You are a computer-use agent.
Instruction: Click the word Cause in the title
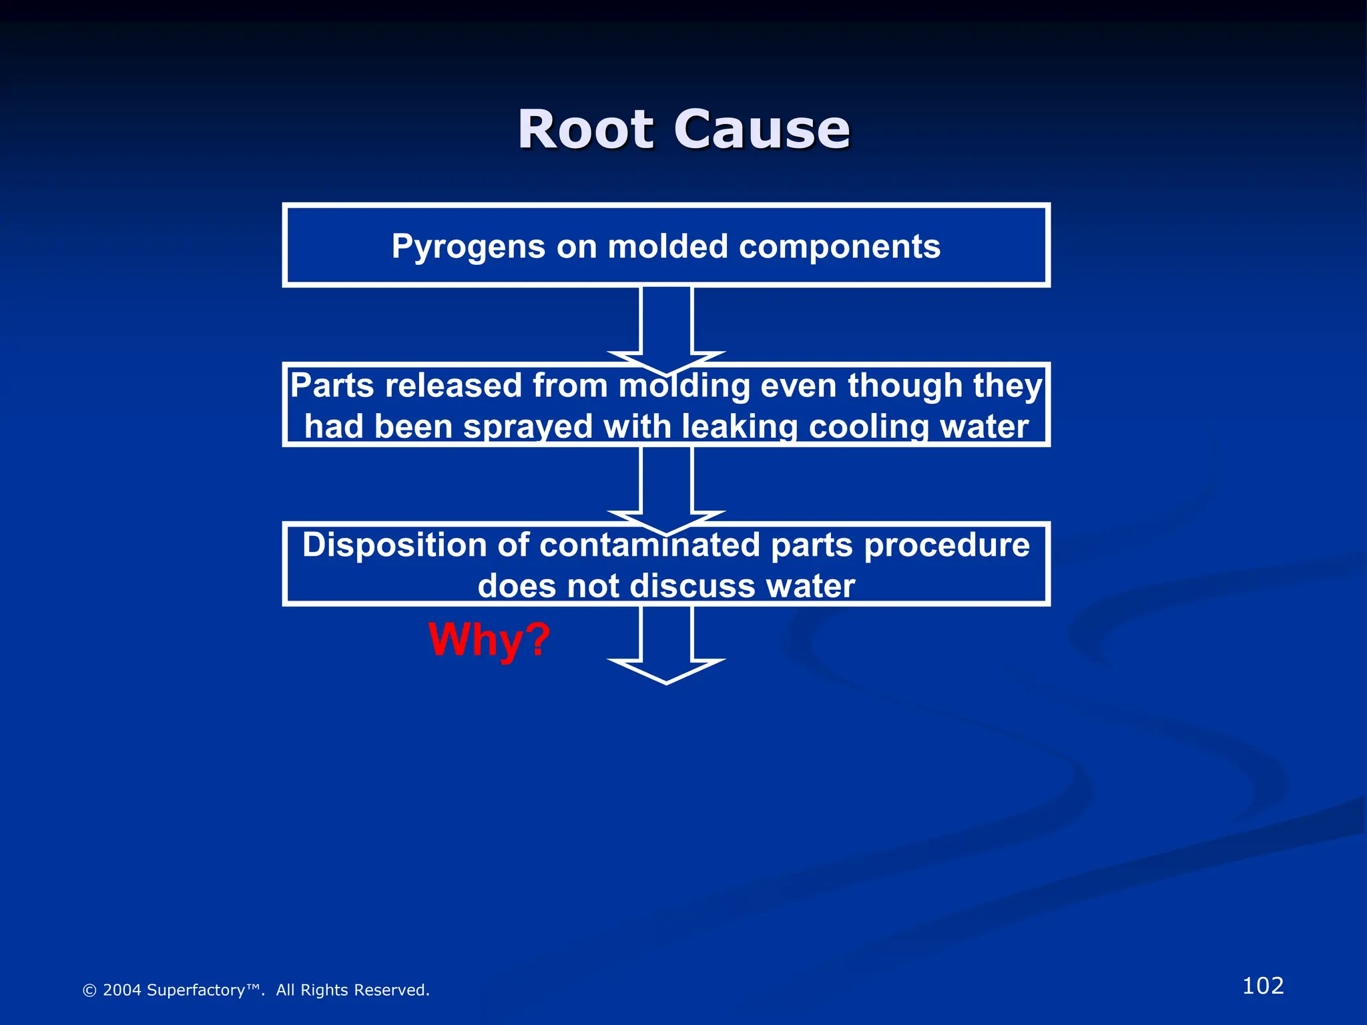coord(762,129)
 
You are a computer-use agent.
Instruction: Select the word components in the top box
coord(840,247)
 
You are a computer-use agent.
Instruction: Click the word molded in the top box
coord(667,247)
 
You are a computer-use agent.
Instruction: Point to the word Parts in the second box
coord(332,386)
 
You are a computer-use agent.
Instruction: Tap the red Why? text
coord(489,639)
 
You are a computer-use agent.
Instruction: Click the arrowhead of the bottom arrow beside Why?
coord(666,671)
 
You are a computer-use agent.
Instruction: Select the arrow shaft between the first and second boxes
coord(666,320)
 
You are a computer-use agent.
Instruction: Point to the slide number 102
coord(1263,986)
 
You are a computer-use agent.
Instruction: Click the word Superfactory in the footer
coord(196,990)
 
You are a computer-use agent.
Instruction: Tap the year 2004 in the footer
coord(121,990)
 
